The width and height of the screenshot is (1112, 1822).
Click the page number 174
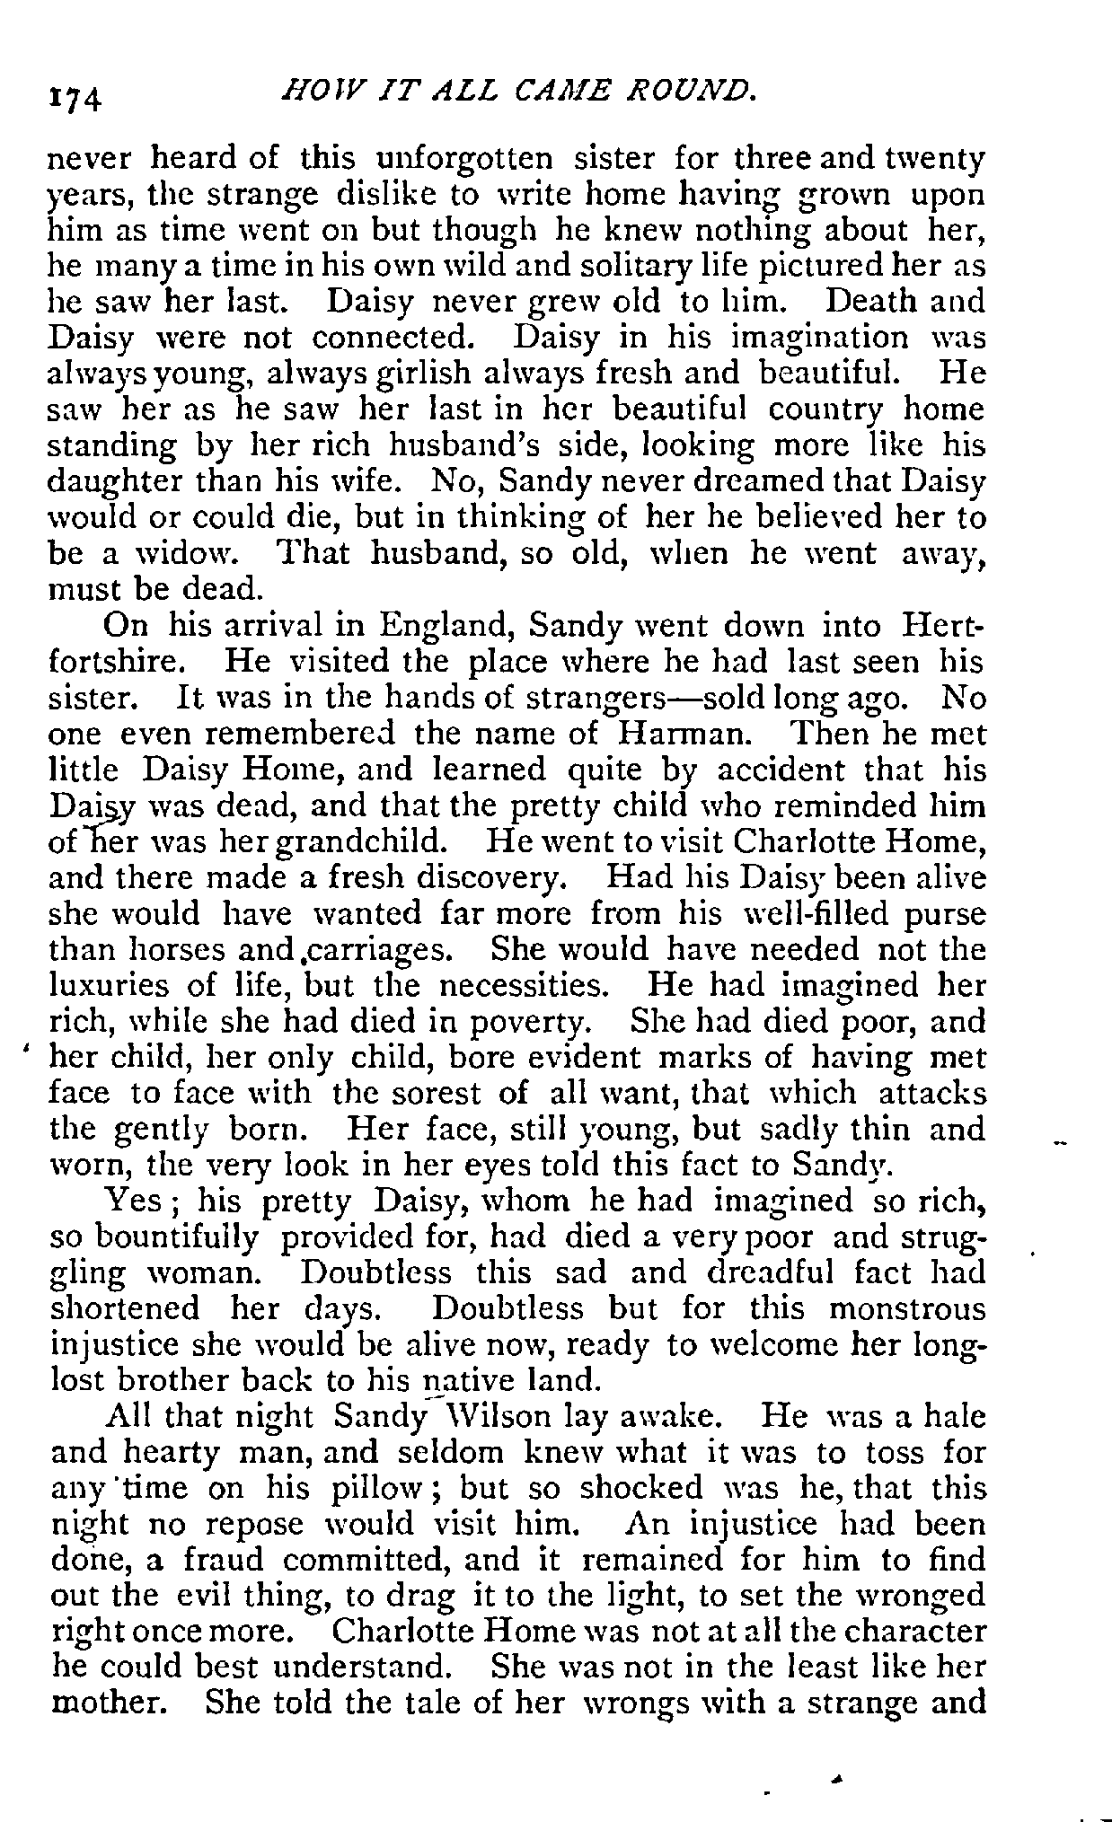77,93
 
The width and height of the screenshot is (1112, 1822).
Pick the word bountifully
177,1237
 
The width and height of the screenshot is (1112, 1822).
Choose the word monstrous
907,1309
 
